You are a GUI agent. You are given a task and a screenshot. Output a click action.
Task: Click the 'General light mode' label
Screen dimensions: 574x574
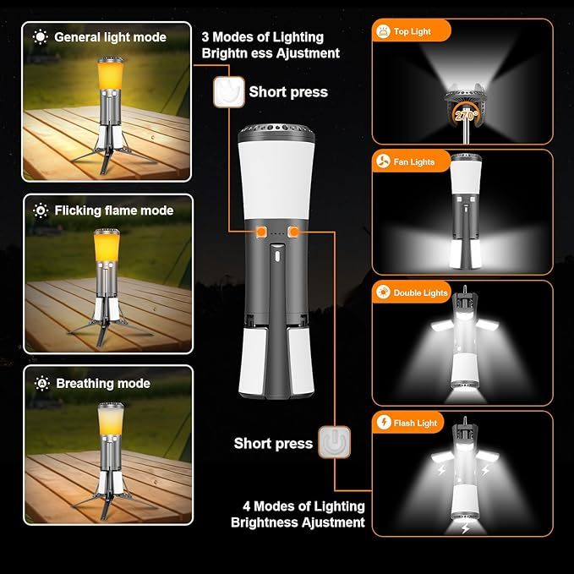tap(110, 37)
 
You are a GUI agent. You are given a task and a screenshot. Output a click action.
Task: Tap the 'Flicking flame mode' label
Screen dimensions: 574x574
tap(113, 210)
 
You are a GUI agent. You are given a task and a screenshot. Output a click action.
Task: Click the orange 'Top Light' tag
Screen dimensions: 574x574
tap(412, 31)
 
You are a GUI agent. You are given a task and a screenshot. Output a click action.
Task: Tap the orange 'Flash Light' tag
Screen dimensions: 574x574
tap(409, 423)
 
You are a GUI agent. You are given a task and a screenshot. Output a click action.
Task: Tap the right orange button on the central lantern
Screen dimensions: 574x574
tap(294, 231)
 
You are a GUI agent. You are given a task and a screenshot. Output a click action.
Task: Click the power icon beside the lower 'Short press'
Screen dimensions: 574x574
tap(334, 442)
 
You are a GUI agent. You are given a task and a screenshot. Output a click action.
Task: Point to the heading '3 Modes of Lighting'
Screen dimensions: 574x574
tap(262, 36)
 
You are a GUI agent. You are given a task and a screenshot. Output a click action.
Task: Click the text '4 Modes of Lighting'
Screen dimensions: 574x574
tap(303, 506)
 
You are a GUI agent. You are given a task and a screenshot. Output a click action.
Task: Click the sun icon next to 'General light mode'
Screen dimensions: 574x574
tap(40, 37)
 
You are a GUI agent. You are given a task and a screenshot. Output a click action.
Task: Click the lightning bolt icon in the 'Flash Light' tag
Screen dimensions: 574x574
tap(385, 423)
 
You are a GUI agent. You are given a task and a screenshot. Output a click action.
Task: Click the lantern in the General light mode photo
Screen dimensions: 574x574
tap(108, 114)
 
